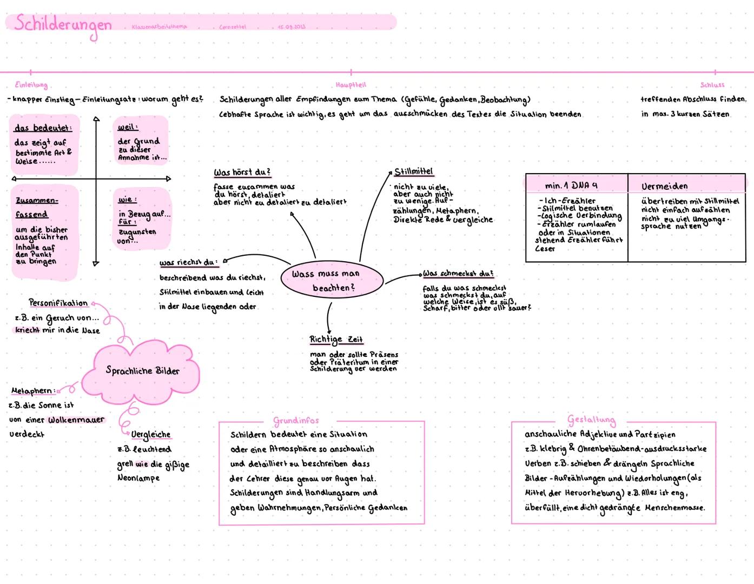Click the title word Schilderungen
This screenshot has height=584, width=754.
63,24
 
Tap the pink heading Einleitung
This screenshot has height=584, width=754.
31,85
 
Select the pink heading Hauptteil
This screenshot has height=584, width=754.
350,85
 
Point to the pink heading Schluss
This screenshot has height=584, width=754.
712,85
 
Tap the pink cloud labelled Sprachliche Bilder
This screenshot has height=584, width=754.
142,371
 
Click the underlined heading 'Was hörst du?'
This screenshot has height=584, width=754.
242,172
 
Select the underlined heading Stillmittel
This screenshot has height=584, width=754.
414,171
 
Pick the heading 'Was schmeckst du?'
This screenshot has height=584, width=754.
458,274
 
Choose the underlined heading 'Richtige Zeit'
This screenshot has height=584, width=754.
336,340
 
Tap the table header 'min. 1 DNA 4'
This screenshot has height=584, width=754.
571,185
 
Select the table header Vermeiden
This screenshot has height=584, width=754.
665,186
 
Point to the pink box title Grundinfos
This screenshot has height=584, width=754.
296,421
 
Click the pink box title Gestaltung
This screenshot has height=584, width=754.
591,420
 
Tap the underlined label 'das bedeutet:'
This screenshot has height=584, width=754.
43,128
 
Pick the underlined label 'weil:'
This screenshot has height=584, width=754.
128,127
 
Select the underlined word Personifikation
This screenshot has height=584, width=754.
58,303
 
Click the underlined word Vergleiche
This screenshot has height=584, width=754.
150,435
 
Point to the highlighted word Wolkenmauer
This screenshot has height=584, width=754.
76,420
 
